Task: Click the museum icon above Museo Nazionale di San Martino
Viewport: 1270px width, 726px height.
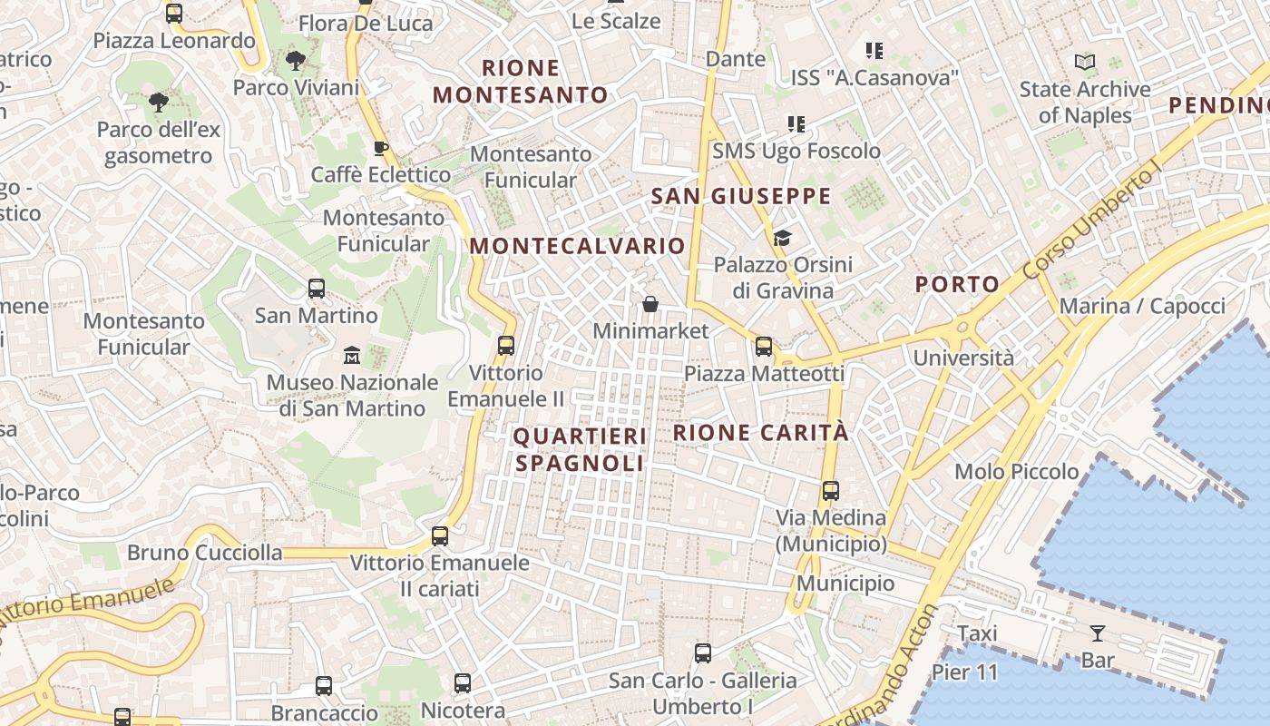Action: coord(352,355)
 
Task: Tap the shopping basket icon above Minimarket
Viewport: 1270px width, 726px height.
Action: coord(650,303)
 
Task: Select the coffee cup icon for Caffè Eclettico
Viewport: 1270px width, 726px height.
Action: coord(380,148)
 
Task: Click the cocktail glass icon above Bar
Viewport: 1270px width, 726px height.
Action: coord(1098,633)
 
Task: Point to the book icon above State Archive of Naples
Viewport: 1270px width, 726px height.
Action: coord(1084,63)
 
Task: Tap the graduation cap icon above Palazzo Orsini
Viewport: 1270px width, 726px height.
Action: coord(782,239)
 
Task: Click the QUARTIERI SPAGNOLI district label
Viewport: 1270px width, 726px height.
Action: coord(580,450)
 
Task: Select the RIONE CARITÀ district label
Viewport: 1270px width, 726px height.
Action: coord(761,433)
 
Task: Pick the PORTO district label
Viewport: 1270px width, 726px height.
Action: coord(957,284)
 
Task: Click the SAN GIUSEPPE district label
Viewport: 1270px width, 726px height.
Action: coord(741,196)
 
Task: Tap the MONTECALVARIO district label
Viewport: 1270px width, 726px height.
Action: coord(577,246)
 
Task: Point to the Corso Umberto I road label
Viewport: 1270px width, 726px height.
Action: coord(1092,223)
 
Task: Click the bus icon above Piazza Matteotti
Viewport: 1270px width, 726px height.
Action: coord(764,346)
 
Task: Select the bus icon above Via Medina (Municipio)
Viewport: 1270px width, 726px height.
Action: coord(830,491)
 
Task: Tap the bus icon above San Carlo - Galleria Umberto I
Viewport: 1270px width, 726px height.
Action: coord(702,652)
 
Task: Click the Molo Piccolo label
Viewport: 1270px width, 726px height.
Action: coord(1016,472)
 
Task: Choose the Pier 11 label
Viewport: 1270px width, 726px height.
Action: coord(964,673)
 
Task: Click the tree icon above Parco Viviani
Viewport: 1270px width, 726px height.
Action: coord(295,62)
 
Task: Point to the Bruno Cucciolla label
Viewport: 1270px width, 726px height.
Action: coord(204,553)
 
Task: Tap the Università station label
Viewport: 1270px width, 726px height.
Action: coord(963,358)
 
